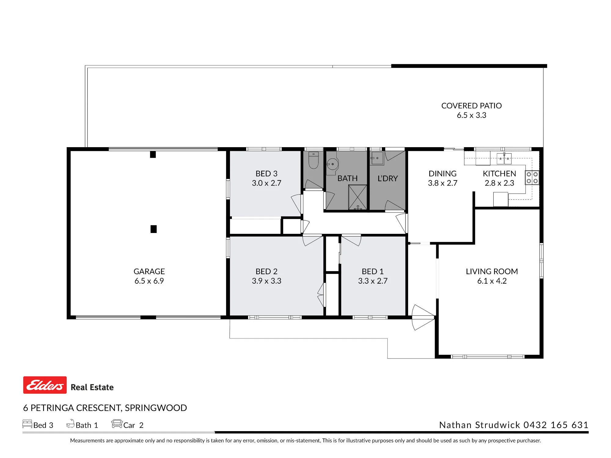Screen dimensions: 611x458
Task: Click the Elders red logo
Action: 45,385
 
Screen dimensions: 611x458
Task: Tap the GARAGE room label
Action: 149,271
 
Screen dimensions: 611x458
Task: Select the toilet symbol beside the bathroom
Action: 313,160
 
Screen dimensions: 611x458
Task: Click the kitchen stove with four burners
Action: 532,178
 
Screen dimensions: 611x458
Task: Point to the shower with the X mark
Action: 358,197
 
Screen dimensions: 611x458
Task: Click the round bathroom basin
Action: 332,164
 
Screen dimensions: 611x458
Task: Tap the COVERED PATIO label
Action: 471,106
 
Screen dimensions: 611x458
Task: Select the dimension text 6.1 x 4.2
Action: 492,281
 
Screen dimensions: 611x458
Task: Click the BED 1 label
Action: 373,271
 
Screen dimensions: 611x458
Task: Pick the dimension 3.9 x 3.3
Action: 266,281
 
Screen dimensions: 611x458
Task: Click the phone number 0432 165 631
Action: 556,425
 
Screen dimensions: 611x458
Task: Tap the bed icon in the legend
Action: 27,424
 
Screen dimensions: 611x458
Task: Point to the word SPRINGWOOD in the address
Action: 156,408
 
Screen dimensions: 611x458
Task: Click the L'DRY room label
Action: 388,178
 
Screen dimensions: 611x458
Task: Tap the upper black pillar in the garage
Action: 153,154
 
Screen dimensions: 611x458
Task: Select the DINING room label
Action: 442,173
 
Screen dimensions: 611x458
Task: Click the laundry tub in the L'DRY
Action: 377,158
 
